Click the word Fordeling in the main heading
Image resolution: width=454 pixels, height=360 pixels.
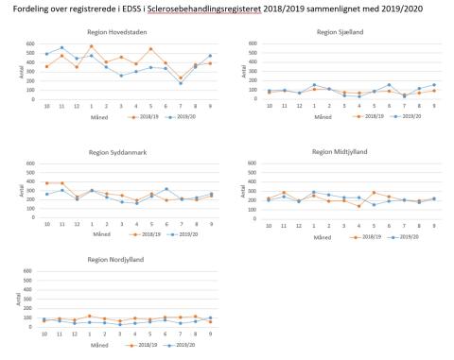pos(28,9)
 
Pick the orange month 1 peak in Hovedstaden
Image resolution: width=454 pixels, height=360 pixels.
pos(118,46)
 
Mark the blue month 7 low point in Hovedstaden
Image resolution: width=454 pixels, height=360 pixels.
pos(181,83)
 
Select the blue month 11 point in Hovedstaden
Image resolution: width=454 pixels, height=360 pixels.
pos(61,48)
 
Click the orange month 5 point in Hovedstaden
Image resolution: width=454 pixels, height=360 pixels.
pos(149,49)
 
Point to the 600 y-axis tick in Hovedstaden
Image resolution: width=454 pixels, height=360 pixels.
pos(34,43)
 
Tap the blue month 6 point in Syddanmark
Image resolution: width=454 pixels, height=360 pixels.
pos(165,190)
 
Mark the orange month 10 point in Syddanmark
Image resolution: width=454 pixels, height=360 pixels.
pos(46,183)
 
